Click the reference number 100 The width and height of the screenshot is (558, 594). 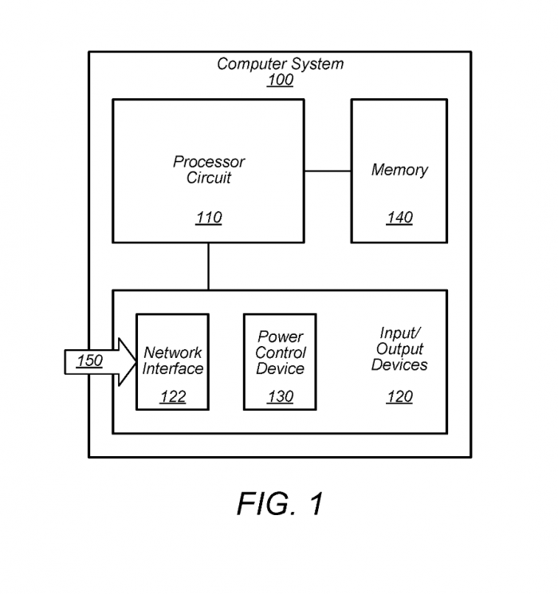[280, 80]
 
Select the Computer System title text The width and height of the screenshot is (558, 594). [280, 64]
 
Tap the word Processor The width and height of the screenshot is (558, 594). [209, 162]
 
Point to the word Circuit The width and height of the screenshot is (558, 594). [209, 178]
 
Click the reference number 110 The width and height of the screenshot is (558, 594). [209, 218]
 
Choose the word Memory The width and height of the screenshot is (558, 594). [399, 170]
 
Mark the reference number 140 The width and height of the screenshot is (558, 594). [399, 218]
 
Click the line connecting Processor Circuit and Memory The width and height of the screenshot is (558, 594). [328, 171]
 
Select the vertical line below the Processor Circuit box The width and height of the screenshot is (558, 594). [209, 266]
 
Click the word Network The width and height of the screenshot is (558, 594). [173, 352]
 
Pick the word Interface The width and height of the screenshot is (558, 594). [173, 368]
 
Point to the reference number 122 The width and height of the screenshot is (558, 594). [173, 397]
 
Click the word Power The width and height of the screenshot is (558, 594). [280, 337]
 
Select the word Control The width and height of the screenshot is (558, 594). [280, 352]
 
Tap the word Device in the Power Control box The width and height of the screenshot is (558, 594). [280, 368]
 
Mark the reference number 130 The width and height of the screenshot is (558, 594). [280, 397]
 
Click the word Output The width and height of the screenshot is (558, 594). [399, 349]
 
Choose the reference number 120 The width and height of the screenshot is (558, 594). [399, 397]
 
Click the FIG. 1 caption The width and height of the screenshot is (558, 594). [280, 504]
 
